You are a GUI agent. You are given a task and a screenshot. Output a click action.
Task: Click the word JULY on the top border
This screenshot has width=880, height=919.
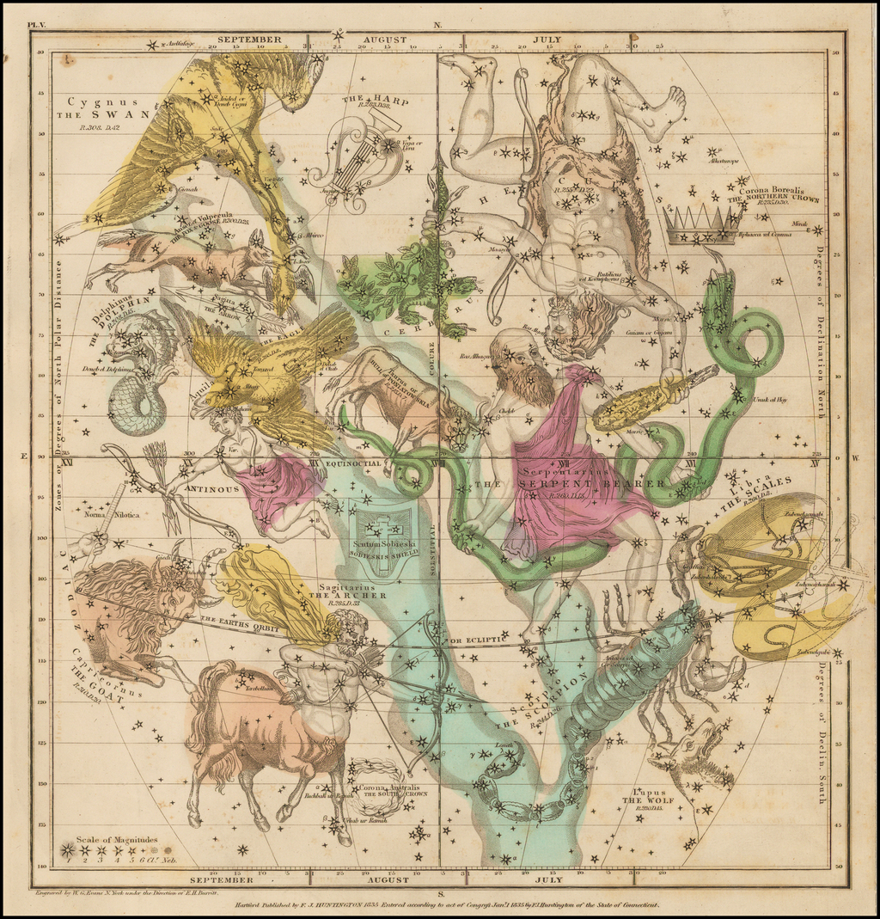click(547, 39)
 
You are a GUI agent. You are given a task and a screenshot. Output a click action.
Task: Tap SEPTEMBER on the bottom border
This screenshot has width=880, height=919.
click(222, 879)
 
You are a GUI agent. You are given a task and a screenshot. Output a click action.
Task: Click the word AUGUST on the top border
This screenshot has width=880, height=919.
click(384, 39)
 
